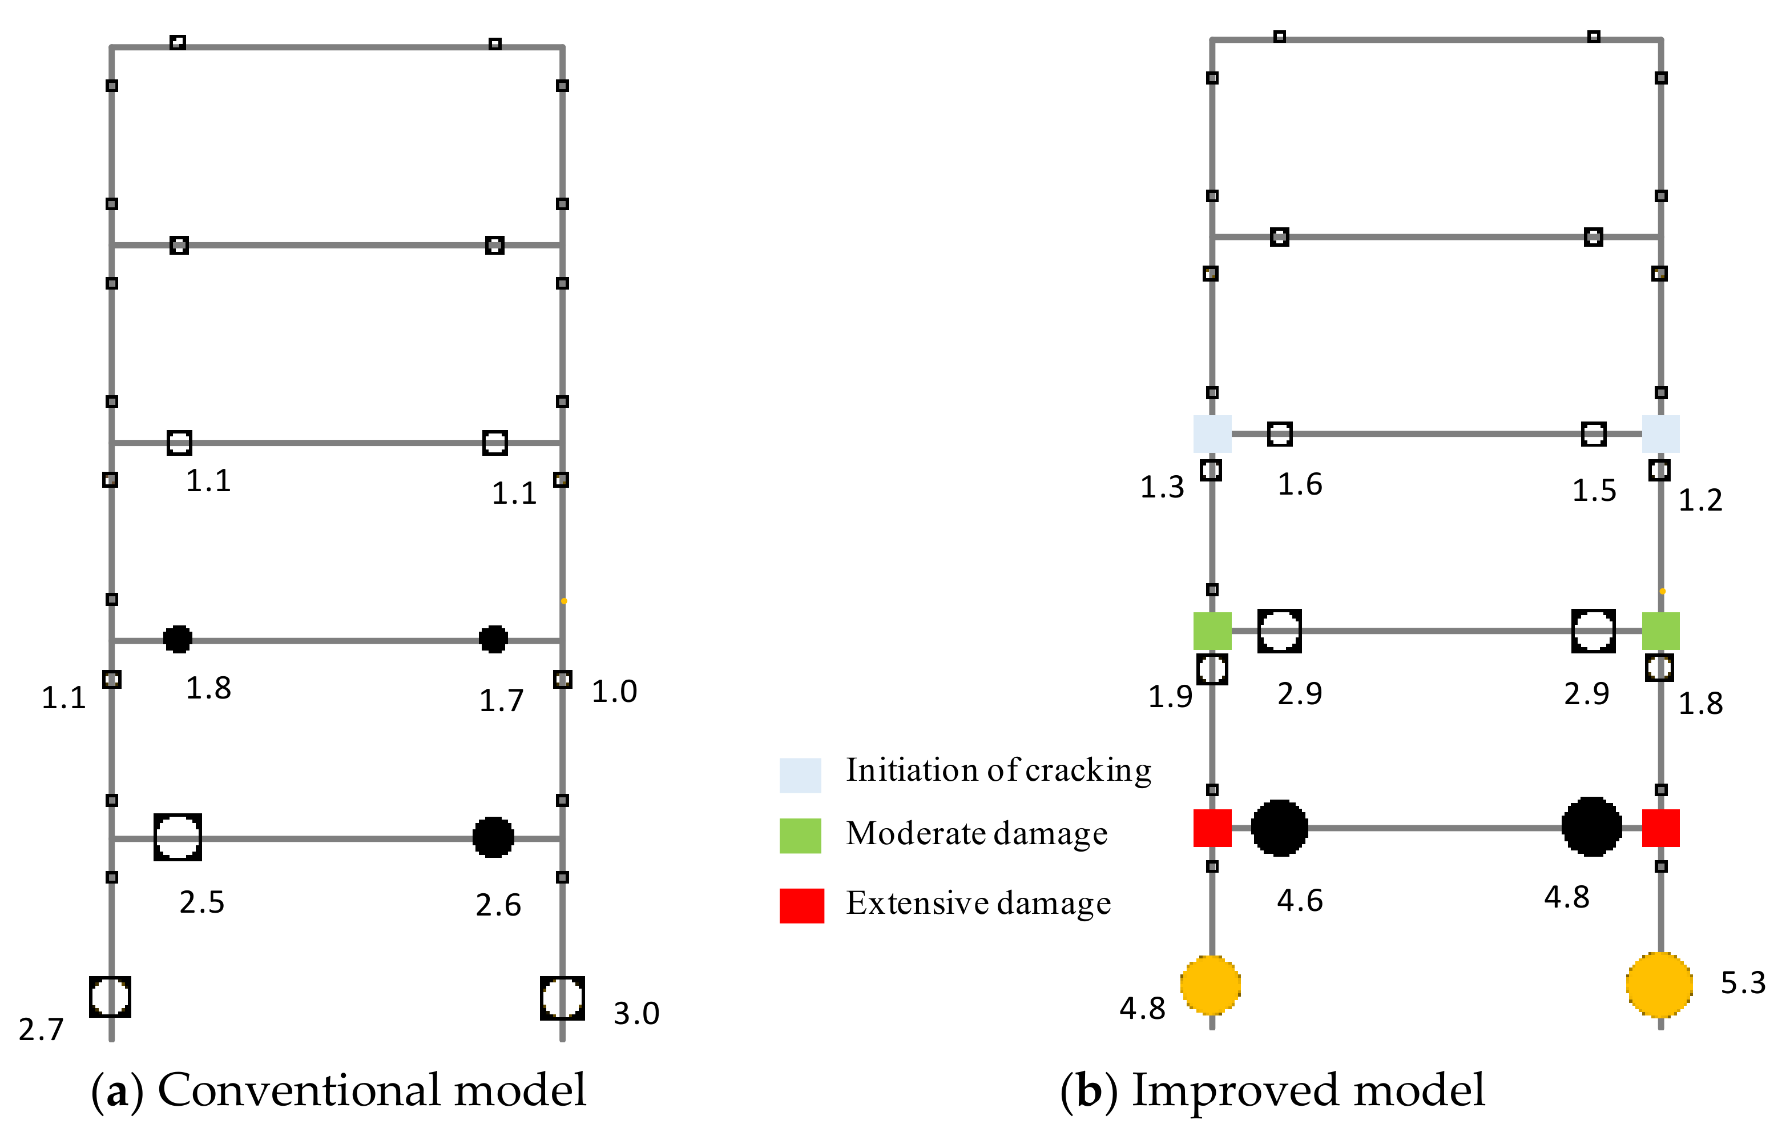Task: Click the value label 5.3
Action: point(1743,983)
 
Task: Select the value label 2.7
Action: point(41,1030)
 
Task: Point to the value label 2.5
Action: point(201,902)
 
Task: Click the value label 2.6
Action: point(498,905)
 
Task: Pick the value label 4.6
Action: point(1299,901)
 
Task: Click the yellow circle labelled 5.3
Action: point(1659,985)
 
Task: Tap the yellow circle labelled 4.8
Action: point(1211,985)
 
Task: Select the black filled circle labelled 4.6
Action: point(1279,828)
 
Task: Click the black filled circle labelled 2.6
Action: point(493,837)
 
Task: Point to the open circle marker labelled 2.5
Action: point(178,837)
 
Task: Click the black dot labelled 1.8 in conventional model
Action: point(178,639)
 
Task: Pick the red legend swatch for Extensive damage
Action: point(801,906)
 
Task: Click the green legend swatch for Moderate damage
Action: point(800,836)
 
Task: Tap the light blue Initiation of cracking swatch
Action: point(800,776)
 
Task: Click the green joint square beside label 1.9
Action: point(1212,631)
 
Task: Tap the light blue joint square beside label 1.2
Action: point(1660,433)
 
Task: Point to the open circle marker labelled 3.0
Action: point(562,998)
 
